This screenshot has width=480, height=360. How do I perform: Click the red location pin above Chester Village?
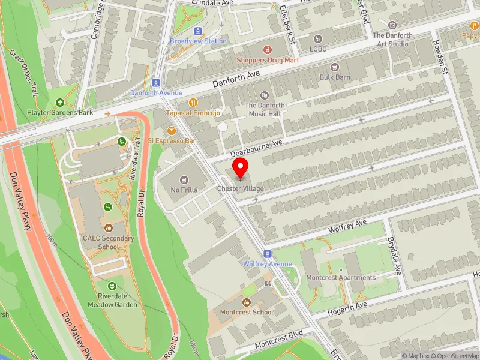click(241, 168)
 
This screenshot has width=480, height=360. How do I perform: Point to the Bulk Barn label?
click(335, 77)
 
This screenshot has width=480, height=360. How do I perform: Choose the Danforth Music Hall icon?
click(265, 95)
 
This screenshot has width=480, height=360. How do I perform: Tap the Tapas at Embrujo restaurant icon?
click(193, 103)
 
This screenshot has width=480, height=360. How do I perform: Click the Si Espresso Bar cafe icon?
click(172, 130)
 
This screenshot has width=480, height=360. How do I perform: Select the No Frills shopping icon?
click(184, 179)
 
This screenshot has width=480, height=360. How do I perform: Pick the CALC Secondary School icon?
click(109, 228)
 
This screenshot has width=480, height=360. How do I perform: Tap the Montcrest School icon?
click(247, 302)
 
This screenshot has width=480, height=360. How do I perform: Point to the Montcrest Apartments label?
click(341, 278)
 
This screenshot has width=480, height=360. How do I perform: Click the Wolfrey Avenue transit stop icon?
click(268, 254)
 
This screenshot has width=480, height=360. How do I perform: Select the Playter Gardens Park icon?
click(59, 102)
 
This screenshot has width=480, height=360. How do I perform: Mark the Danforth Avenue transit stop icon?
click(156, 83)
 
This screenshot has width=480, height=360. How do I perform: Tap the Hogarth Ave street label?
click(347, 310)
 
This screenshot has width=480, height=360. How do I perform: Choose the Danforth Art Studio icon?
click(392, 25)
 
